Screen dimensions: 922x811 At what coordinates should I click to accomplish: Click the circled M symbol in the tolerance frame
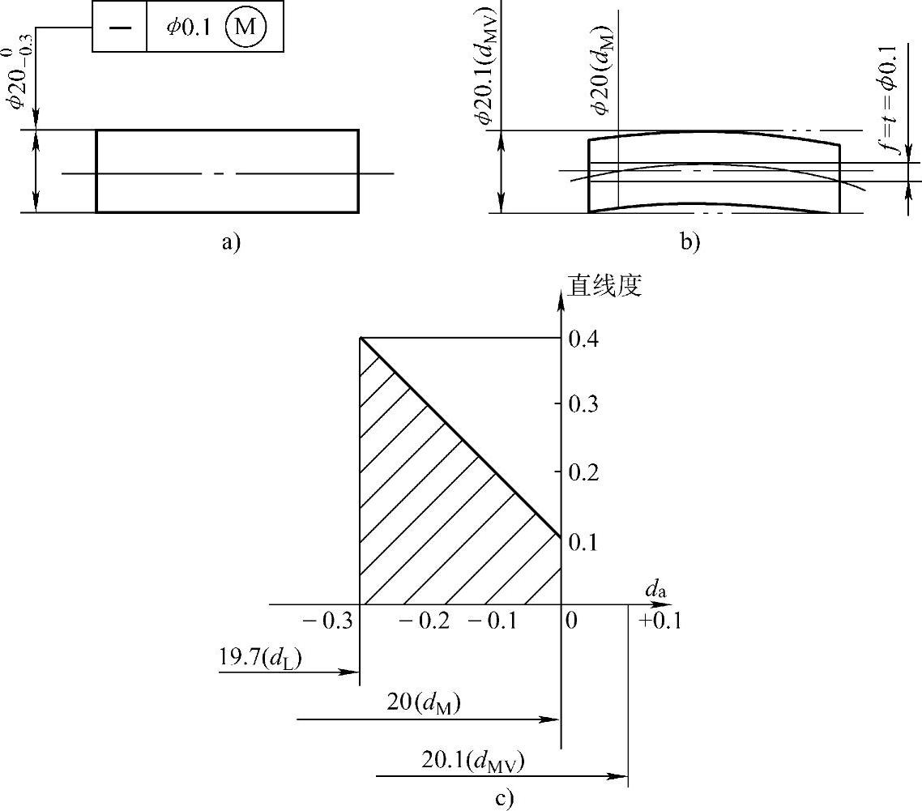tap(245, 27)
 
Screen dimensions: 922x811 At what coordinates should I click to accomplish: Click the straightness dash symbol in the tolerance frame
tap(120, 28)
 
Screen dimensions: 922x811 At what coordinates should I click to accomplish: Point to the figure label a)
tap(231, 241)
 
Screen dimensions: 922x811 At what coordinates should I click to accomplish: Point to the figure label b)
tap(689, 241)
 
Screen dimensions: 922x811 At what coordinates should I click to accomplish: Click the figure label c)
tap(504, 799)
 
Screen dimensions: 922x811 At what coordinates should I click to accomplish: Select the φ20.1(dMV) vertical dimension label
tap(487, 66)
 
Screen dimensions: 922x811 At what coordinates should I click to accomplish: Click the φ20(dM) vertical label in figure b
tap(603, 70)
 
